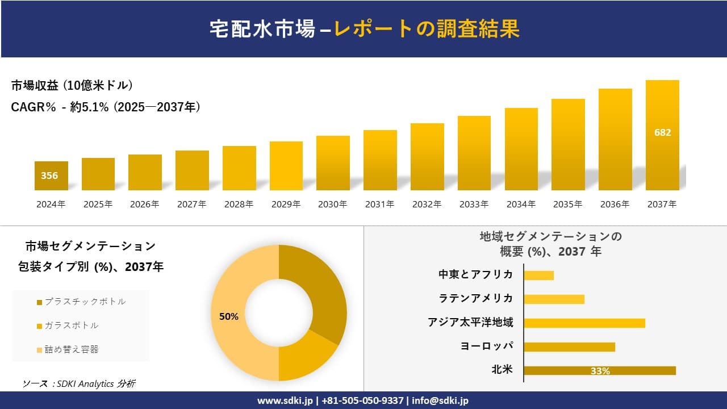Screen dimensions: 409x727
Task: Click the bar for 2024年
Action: [51, 176]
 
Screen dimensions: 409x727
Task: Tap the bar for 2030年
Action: [333, 163]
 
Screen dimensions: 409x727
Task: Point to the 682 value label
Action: [662, 132]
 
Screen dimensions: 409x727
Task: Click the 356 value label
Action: [49, 176]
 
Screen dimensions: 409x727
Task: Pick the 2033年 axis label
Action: [474, 204]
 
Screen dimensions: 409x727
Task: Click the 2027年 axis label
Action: [192, 204]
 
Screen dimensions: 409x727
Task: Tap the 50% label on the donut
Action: [229, 316]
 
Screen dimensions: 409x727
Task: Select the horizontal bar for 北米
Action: [599, 370]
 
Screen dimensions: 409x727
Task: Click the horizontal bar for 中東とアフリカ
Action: [538, 275]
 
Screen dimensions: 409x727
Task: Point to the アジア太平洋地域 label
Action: [470, 323]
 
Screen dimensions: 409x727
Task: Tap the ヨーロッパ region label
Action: [487, 347]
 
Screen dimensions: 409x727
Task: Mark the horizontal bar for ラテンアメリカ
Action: [554, 299]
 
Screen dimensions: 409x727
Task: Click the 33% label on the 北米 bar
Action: [600, 371]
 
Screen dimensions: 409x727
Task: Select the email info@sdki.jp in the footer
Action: [441, 400]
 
